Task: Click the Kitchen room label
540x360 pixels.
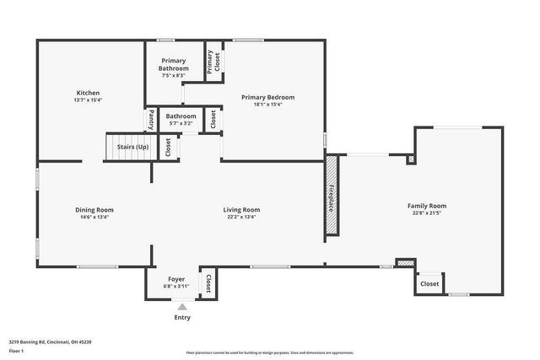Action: pos(89,93)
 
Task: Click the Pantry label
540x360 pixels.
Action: pos(152,119)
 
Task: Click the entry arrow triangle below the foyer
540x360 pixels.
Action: pos(181,308)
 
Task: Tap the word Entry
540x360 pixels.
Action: pos(182,318)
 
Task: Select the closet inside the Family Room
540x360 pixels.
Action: pos(429,284)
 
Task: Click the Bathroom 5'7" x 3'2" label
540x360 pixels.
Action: pos(181,119)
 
